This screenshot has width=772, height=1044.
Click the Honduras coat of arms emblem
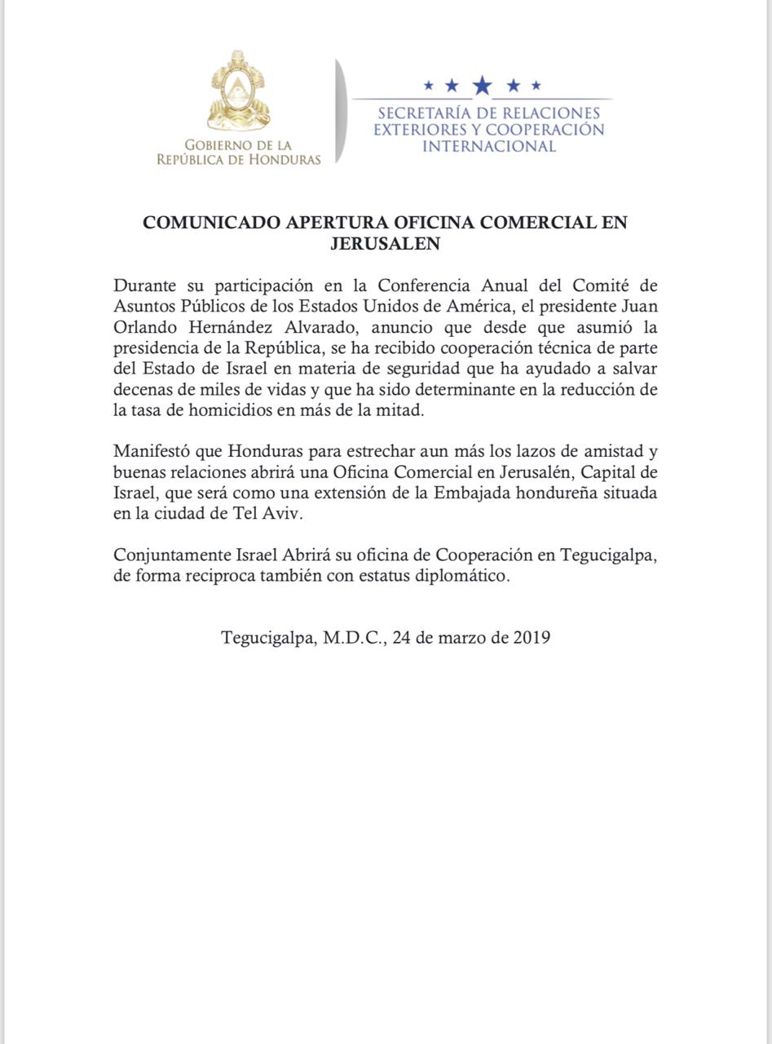(x=239, y=91)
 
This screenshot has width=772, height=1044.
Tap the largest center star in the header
(x=483, y=85)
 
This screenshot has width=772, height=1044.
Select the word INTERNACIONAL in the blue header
(x=489, y=147)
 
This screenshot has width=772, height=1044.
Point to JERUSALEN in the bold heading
(x=386, y=243)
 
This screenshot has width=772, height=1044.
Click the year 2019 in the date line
(x=532, y=637)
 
